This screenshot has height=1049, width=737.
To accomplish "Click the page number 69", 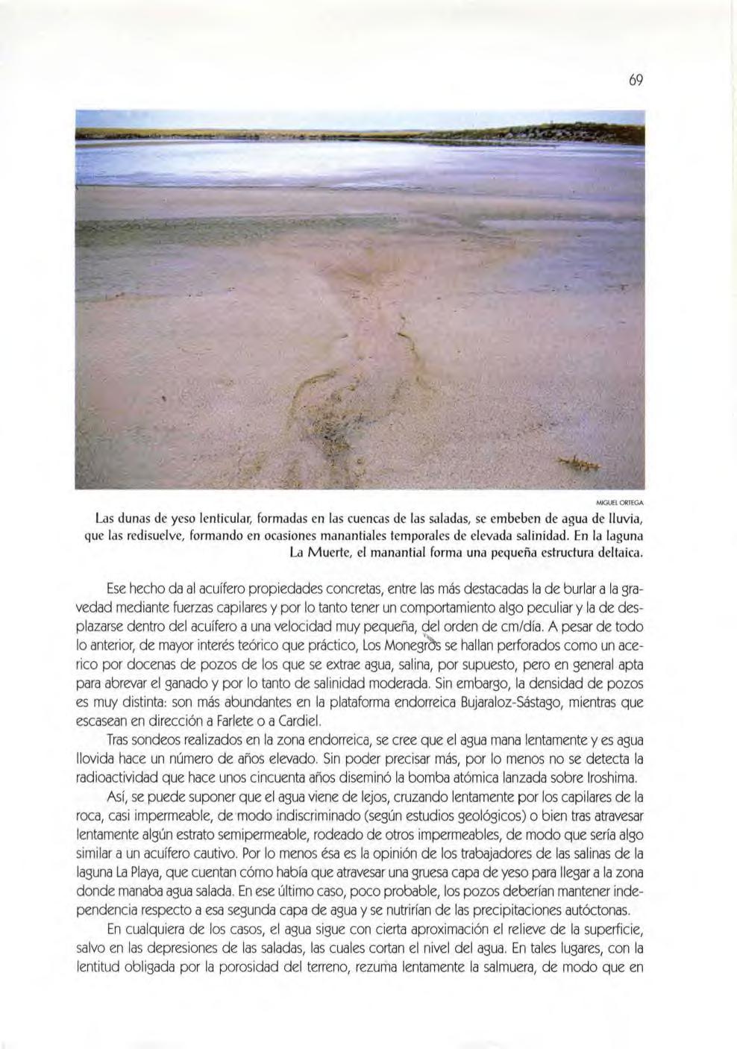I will click(x=636, y=81).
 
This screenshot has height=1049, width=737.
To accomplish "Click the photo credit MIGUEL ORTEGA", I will click(x=625, y=502).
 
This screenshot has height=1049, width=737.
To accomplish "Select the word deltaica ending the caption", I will click(x=617, y=554).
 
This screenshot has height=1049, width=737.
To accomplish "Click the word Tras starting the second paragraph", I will click(x=119, y=740).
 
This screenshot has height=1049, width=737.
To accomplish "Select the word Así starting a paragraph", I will click(x=116, y=797).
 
